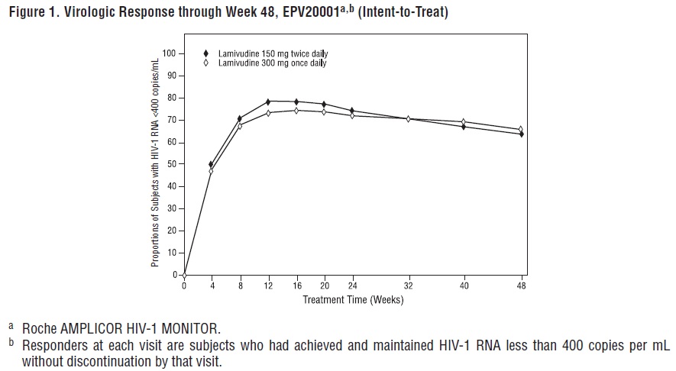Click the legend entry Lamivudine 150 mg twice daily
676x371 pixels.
[267, 54]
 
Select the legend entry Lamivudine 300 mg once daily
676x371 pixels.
[267, 63]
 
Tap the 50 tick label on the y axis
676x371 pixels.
[171, 164]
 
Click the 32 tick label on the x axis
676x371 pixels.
[408, 286]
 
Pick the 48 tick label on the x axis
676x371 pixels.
[522, 286]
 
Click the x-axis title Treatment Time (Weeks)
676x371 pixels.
[353, 299]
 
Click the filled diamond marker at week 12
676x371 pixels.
[269, 102]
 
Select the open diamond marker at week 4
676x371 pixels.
[212, 171]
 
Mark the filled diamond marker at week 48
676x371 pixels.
[522, 134]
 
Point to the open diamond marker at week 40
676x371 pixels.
[464, 122]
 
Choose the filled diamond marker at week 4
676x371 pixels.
[212, 164]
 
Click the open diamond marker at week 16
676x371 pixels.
[297, 111]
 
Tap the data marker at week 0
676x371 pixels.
[184, 275]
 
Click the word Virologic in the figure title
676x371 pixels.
[80, 12]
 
